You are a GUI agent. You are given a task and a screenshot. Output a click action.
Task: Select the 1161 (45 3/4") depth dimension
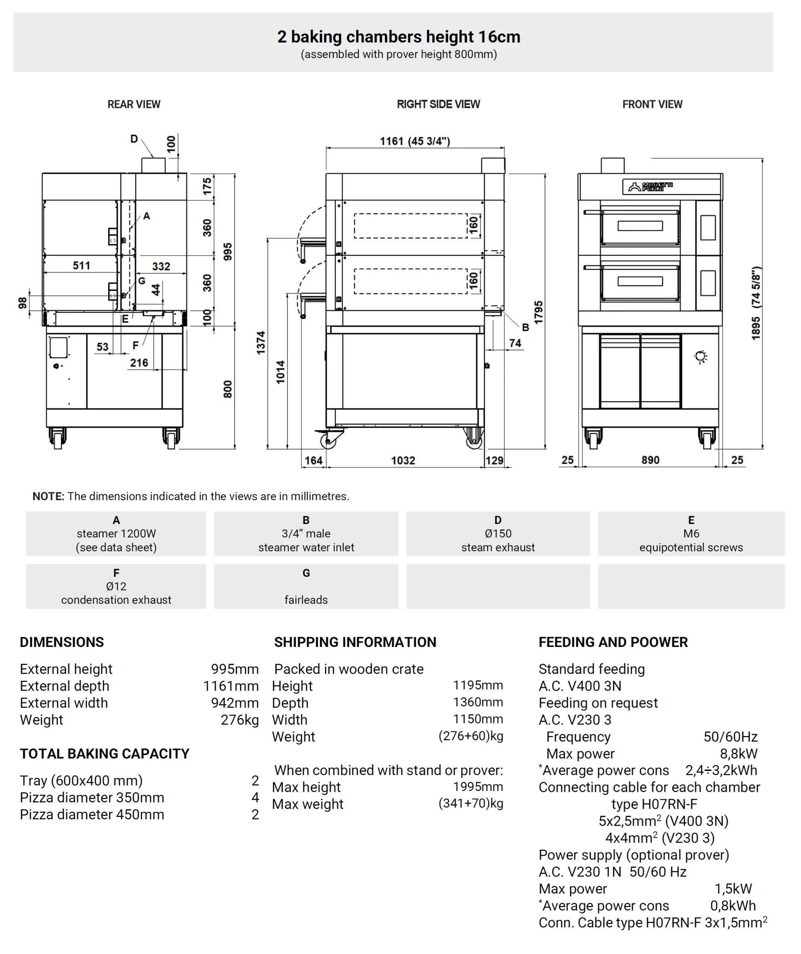[x=415, y=141]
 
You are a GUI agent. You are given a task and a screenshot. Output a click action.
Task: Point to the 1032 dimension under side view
[x=403, y=461]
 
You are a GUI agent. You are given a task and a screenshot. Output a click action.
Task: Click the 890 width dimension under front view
[x=650, y=460]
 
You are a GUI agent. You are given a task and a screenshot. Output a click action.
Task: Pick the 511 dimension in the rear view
[x=81, y=266]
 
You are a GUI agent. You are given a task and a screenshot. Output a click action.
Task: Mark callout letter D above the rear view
[x=134, y=139]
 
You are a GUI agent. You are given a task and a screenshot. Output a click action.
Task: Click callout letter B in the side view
[x=525, y=327]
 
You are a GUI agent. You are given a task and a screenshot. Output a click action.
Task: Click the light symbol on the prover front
[x=701, y=357]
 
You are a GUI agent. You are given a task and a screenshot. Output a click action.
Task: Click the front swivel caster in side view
[x=328, y=440]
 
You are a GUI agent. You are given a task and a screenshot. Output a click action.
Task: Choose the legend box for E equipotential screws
[x=691, y=534]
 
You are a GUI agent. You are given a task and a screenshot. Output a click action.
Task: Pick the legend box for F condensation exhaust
[x=116, y=586]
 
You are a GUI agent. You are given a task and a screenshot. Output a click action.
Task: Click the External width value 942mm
[x=234, y=703]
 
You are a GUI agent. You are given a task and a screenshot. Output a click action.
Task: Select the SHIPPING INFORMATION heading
[x=355, y=642]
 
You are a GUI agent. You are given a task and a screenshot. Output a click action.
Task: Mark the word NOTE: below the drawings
[x=48, y=496]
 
